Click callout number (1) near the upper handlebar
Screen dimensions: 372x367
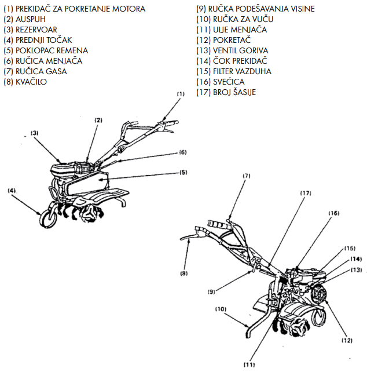click(180, 93)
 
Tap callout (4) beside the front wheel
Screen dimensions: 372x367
click(12, 190)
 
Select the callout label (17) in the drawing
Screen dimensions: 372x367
click(306, 192)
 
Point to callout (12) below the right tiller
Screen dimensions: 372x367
click(347, 341)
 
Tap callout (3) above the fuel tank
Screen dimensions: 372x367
click(34, 133)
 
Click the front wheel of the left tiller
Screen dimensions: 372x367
click(46, 219)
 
